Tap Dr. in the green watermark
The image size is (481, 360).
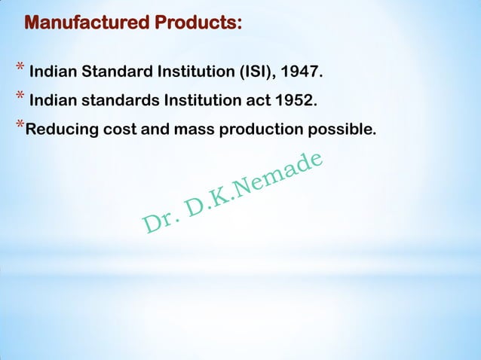click(x=158, y=218)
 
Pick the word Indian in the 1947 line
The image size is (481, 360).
click(x=53, y=73)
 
